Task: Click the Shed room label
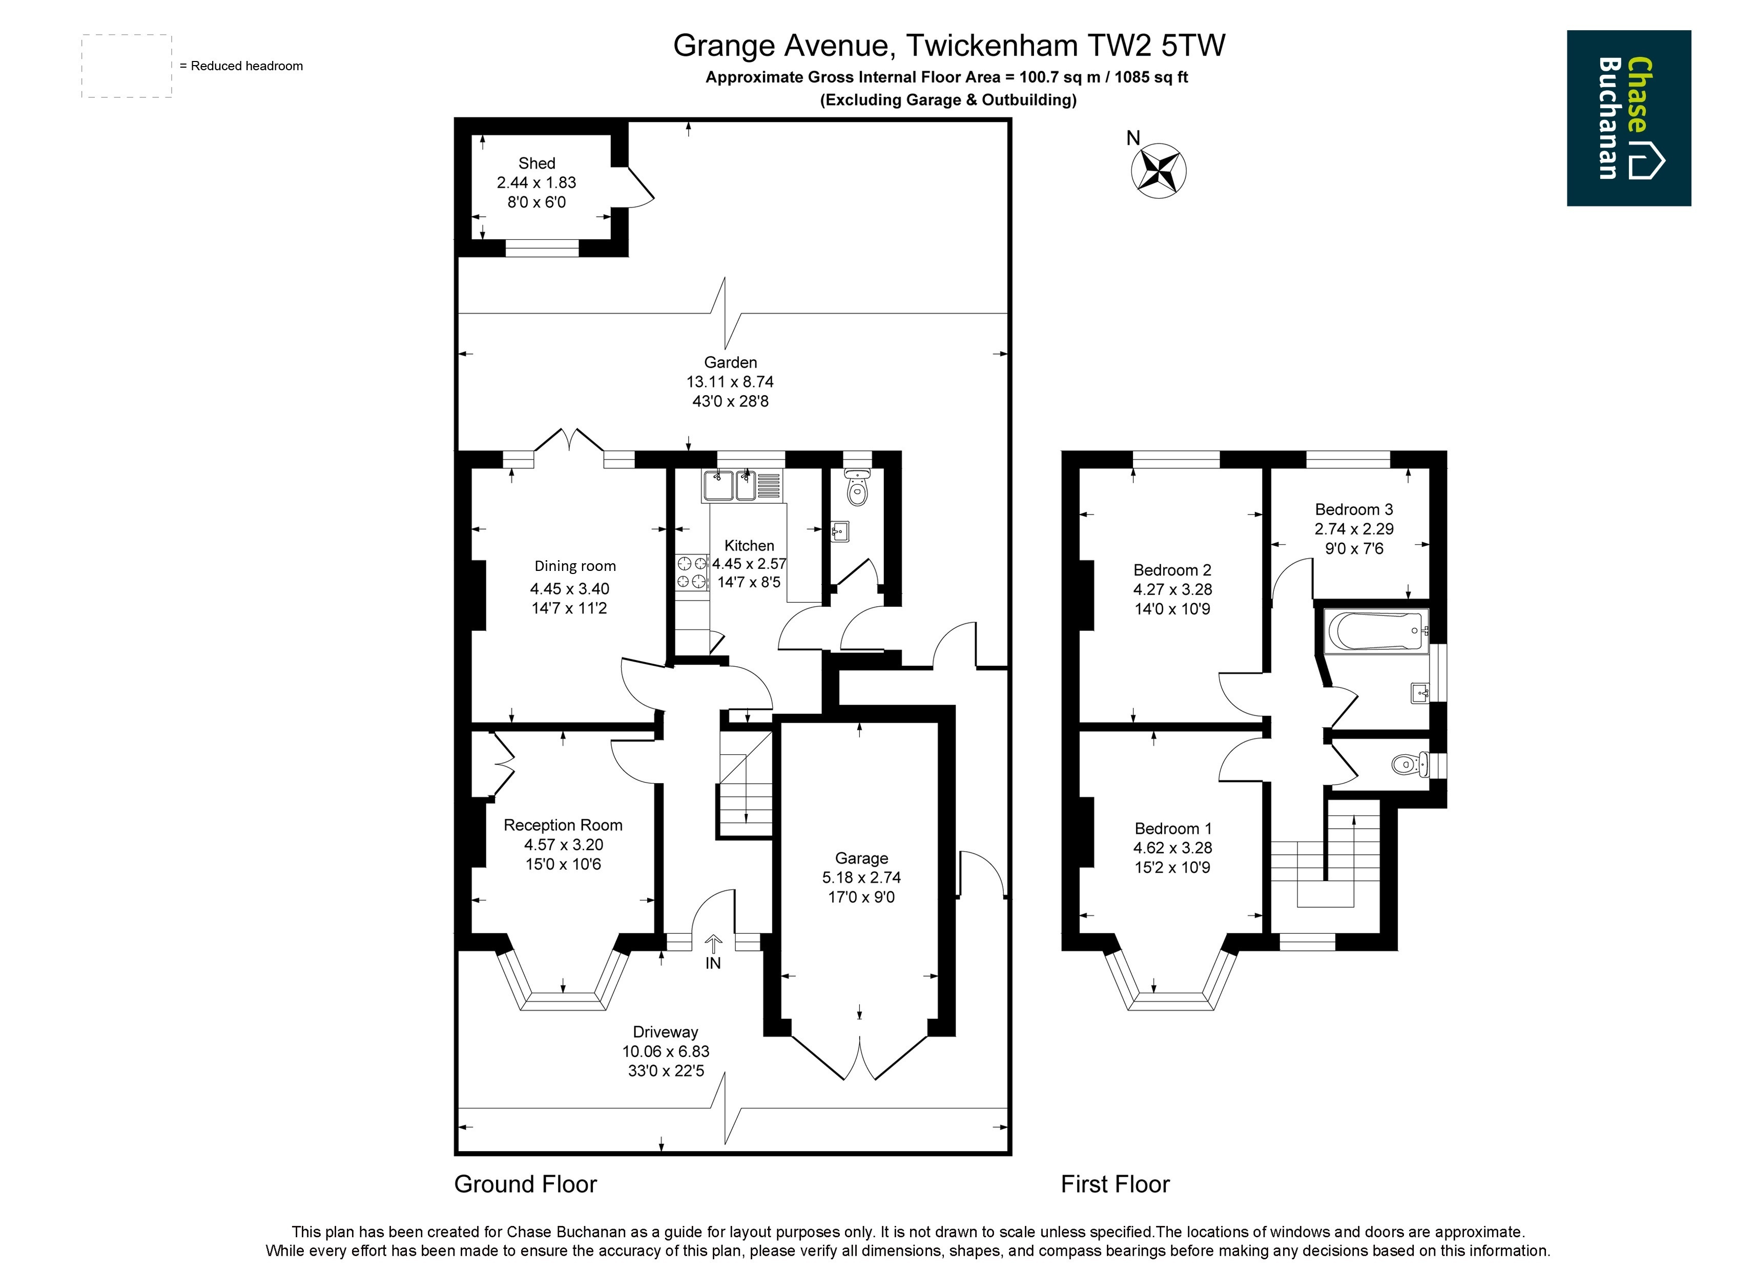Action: click(536, 163)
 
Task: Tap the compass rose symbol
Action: click(1159, 170)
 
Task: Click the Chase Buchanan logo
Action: click(1629, 118)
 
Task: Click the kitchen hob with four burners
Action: click(692, 573)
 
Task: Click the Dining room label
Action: click(575, 566)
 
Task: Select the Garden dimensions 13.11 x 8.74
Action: click(730, 382)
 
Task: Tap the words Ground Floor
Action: click(525, 1184)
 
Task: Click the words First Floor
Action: click(1115, 1184)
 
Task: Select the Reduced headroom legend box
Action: click(127, 66)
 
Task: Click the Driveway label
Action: click(666, 1032)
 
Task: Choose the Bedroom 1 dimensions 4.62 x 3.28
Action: click(1172, 848)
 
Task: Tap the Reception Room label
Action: click(563, 825)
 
